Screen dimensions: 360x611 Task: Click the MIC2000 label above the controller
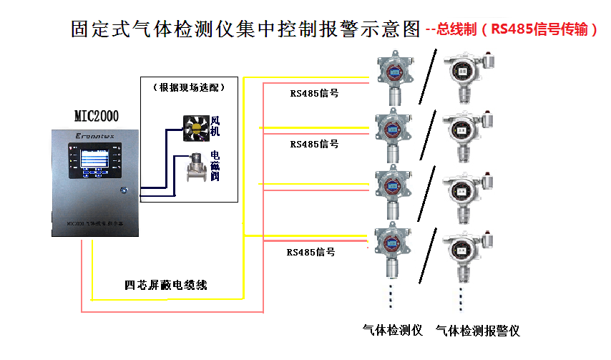click(x=97, y=116)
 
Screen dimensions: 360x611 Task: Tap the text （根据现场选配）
click(x=189, y=87)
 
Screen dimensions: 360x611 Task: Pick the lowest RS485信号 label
click(x=311, y=252)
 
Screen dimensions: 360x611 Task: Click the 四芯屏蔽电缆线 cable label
click(x=166, y=285)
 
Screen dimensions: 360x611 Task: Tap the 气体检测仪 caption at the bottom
click(x=393, y=330)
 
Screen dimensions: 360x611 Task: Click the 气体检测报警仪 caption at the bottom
click(x=477, y=330)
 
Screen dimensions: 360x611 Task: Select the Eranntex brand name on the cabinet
click(x=95, y=135)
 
